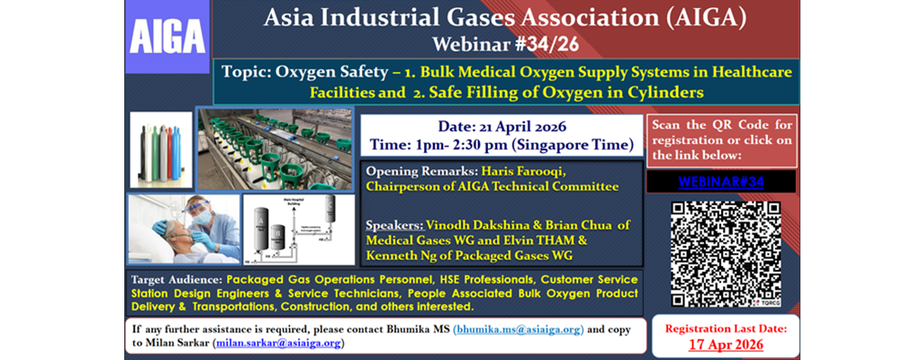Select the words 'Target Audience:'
[x=176, y=280]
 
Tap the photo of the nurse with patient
[x=183, y=229]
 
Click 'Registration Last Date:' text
[x=725, y=328]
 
